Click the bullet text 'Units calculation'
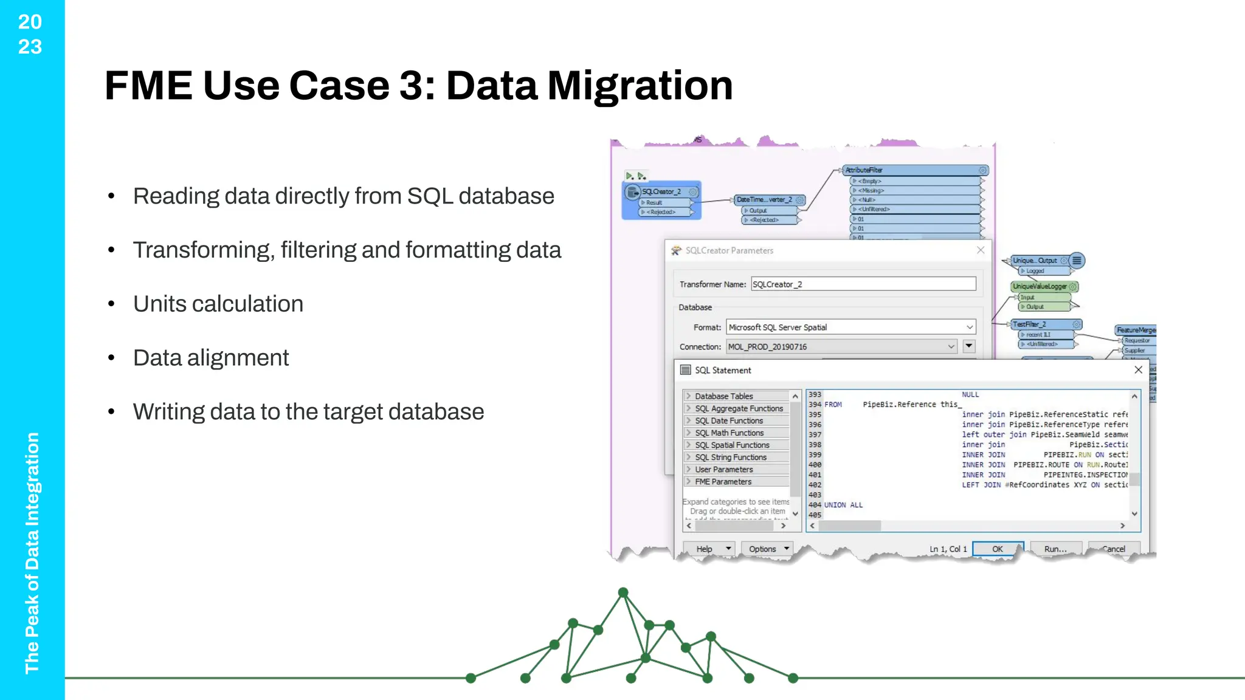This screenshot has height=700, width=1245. [x=218, y=304]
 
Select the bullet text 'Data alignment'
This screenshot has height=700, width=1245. [x=210, y=358]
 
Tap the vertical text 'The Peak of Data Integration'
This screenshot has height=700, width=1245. [x=32, y=552]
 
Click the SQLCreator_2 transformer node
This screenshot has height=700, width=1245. [x=661, y=192]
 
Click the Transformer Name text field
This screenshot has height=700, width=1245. [x=863, y=284]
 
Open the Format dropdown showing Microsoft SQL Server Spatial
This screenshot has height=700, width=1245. [x=850, y=327]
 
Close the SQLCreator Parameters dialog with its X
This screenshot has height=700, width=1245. [x=981, y=250]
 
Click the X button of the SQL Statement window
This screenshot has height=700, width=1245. [x=1138, y=369]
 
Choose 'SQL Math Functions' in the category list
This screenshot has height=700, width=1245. [x=729, y=433]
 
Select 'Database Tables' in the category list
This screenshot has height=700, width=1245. [x=723, y=396]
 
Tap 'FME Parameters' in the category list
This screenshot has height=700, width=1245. [x=723, y=481]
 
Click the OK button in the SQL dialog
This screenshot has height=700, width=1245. [x=998, y=549]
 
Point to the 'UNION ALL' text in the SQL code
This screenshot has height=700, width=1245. [x=843, y=505]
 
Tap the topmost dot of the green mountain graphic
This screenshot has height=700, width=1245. [x=623, y=592]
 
